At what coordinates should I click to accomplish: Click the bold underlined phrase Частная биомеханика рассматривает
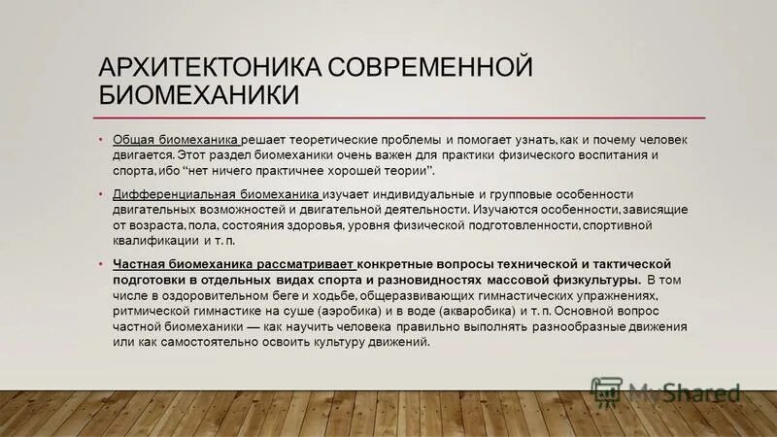point(234,264)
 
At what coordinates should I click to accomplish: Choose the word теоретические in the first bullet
point(329,140)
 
